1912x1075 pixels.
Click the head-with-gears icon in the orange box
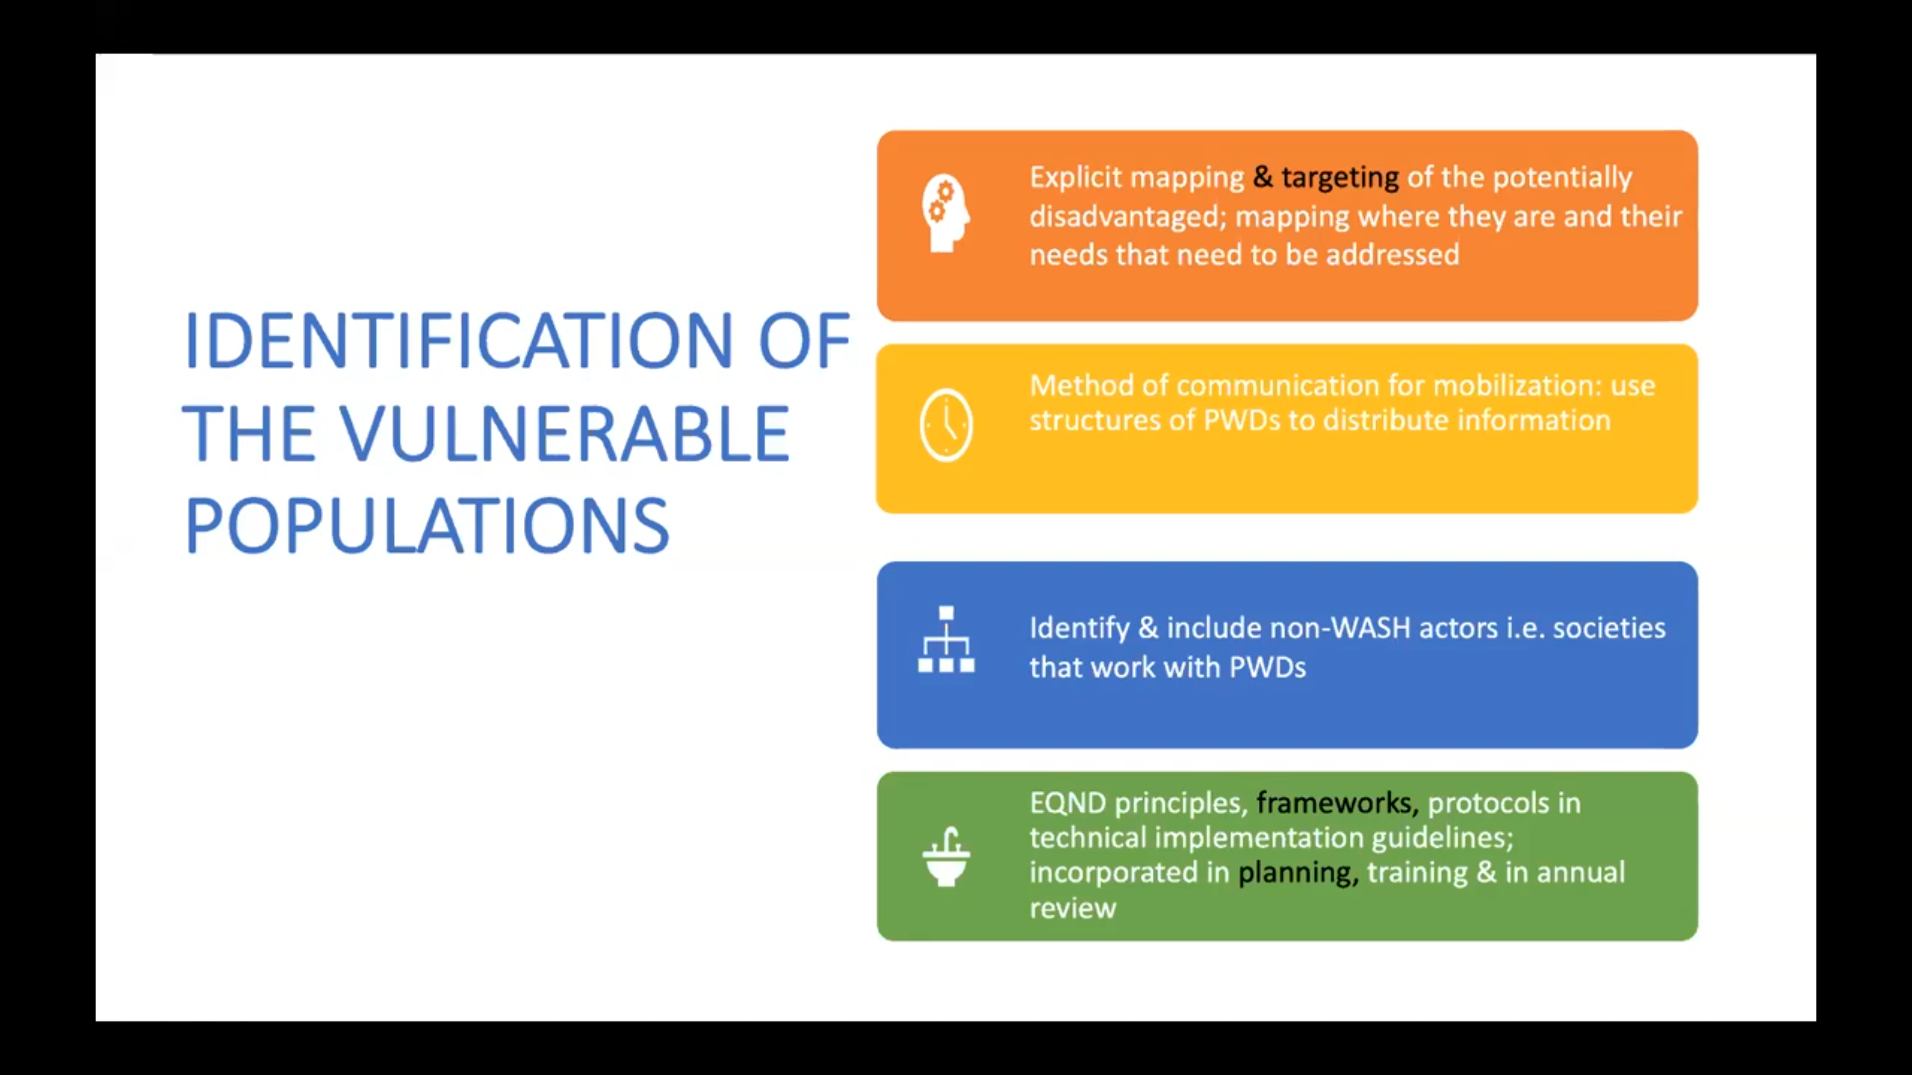946,214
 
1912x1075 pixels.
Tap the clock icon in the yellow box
946,425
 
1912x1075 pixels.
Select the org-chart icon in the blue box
946,640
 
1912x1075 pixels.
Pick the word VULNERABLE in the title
565,433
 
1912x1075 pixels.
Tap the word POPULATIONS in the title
427,526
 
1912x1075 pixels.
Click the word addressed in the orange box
1393,254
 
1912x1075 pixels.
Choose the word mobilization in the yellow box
1511,386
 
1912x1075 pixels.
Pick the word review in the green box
1073,908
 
